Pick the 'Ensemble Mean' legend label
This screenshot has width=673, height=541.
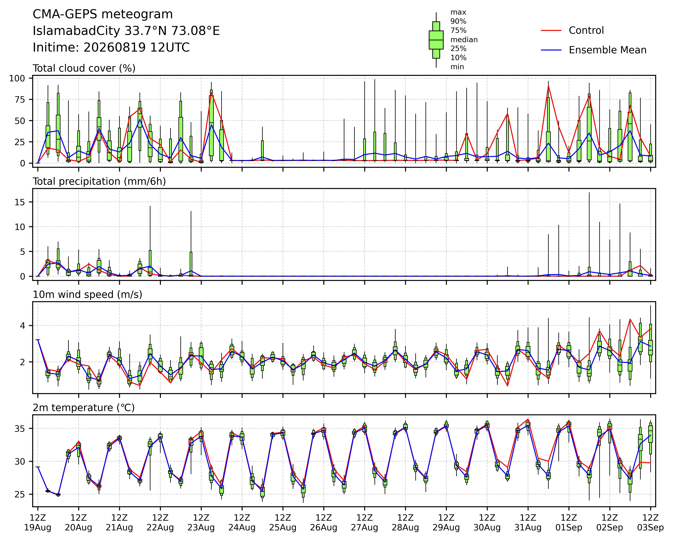tap(608, 50)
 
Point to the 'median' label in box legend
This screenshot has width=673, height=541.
tap(464, 40)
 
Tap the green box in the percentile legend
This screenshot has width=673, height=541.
tap(436, 40)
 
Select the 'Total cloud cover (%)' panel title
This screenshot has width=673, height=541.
tap(84, 68)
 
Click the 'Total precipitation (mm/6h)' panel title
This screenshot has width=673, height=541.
tap(99, 182)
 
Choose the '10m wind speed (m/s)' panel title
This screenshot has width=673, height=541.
tap(87, 295)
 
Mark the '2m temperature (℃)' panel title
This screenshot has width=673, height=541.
tap(84, 408)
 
